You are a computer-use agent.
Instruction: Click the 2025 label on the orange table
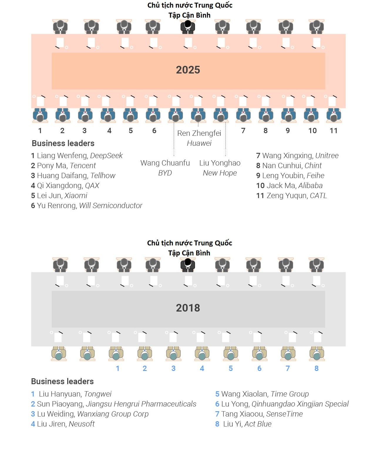pyautogui.click(x=188, y=70)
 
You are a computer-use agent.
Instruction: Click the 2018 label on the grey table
pyautogui.click(x=188, y=308)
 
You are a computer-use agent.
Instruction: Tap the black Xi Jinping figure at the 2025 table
pyautogui.click(x=188, y=26)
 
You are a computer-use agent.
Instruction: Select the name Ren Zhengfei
pyautogui.click(x=199, y=133)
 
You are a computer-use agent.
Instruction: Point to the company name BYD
pyautogui.click(x=165, y=173)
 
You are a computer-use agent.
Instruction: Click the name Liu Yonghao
pyautogui.click(x=220, y=163)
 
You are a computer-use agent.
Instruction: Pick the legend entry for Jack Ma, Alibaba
pyautogui.click(x=289, y=185)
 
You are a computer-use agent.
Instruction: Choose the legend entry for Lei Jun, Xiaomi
pyautogui.click(x=59, y=195)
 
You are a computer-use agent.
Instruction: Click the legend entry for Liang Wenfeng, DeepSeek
pyautogui.click(x=77, y=155)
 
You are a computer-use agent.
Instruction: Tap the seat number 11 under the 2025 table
pyautogui.click(x=333, y=131)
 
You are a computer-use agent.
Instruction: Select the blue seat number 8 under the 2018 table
pyautogui.click(x=316, y=368)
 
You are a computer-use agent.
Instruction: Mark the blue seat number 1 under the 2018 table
pyautogui.click(x=117, y=368)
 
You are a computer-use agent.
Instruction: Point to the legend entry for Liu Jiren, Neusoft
pyautogui.click(x=63, y=424)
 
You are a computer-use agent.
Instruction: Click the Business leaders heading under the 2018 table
pyautogui.click(x=62, y=381)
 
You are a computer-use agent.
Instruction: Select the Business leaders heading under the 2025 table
pyautogui.click(x=63, y=143)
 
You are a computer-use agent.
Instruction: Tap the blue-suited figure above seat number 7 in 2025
pyautogui.click(x=243, y=115)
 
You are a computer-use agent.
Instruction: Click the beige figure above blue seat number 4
pyautogui.click(x=202, y=353)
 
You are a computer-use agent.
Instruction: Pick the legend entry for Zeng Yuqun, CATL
pyautogui.click(x=291, y=195)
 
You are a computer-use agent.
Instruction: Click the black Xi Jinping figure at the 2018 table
pyautogui.click(x=188, y=264)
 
